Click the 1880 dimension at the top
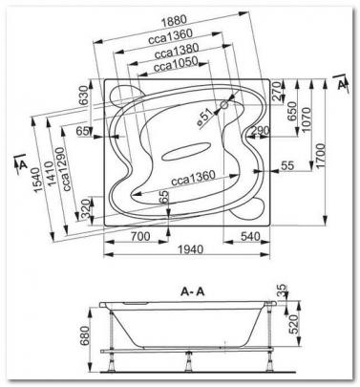(174, 20)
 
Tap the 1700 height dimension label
(321, 156)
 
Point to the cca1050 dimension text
(176, 65)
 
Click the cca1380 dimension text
(177, 51)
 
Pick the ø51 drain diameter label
(205, 119)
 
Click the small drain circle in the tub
(224, 104)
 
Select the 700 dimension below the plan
(140, 236)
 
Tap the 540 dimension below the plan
(250, 236)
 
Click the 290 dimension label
(260, 130)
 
